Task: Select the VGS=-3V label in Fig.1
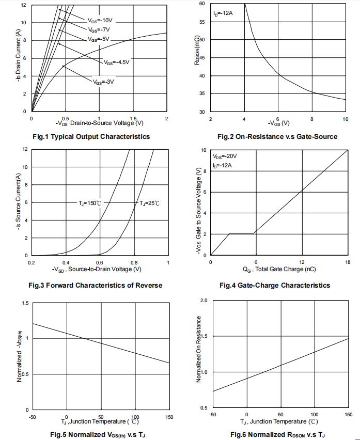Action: (x=103, y=82)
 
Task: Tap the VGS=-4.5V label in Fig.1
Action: (x=116, y=62)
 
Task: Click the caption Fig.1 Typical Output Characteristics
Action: (x=91, y=137)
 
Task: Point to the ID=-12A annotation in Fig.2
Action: (x=223, y=13)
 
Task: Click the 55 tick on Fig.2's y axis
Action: (x=201, y=22)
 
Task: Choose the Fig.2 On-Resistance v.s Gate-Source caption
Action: (x=277, y=137)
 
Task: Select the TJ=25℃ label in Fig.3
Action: (x=149, y=203)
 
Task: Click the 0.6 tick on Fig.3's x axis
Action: (x=100, y=262)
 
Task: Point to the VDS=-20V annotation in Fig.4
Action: (x=225, y=155)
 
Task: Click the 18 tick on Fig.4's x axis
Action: (x=348, y=262)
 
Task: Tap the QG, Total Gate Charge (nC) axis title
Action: (x=279, y=269)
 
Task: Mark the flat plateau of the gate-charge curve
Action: (x=242, y=233)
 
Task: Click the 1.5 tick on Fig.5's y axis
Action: (x=25, y=303)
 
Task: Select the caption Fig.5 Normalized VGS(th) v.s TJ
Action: (x=98, y=434)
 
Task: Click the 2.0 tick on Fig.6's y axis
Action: (x=204, y=301)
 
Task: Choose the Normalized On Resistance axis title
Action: (x=199, y=349)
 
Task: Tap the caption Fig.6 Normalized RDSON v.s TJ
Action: (x=277, y=434)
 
